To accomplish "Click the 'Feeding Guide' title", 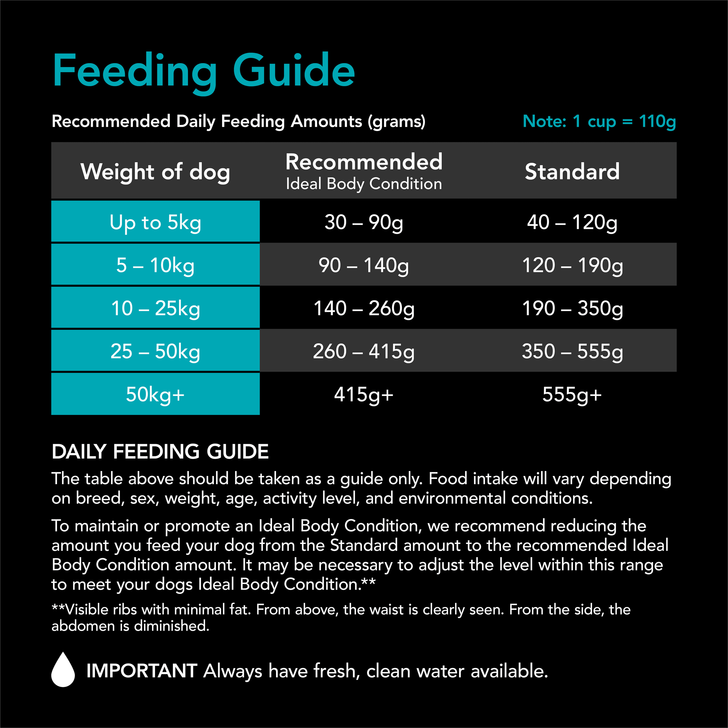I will pyautogui.click(x=204, y=71).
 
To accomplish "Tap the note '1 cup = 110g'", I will pyautogui.click(x=599, y=121).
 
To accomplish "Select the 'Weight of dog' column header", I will pyautogui.click(x=155, y=172).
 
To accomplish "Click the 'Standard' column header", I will pyautogui.click(x=572, y=172).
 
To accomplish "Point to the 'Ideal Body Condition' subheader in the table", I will pyautogui.click(x=364, y=184).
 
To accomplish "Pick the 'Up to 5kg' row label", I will pyautogui.click(x=155, y=222).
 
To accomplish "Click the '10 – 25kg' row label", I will pyautogui.click(x=155, y=308).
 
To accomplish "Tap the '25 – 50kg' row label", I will pyautogui.click(x=155, y=351).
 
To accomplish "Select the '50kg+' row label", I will pyautogui.click(x=155, y=394).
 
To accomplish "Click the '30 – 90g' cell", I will pyautogui.click(x=364, y=222).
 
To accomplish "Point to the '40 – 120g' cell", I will pyautogui.click(x=572, y=222).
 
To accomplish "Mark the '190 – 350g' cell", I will pyautogui.click(x=572, y=308).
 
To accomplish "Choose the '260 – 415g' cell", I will pyautogui.click(x=364, y=351).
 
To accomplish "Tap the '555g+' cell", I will pyautogui.click(x=572, y=394).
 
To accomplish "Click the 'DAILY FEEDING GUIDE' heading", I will pyautogui.click(x=160, y=451).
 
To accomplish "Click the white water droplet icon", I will pyautogui.click(x=63, y=669).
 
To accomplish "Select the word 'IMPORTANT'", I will pyautogui.click(x=142, y=671).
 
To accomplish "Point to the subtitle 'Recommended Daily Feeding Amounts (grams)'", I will pyautogui.click(x=238, y=121).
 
